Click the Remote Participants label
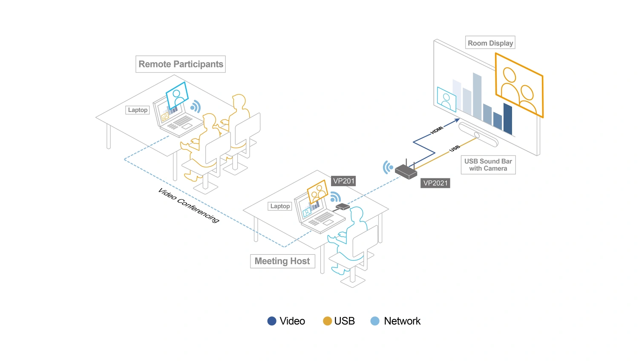click(181, 64)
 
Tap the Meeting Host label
click(282, 261)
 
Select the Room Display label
click(490, 43)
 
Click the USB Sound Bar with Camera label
click(488, 165)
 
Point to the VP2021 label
click(435, 183)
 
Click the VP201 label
click(343, 181)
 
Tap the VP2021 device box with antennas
click(406, 171)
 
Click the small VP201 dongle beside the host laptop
click(343, 207)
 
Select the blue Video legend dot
click(272, 321)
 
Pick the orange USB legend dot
click(327, 321)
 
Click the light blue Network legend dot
click(375, 321)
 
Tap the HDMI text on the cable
click(437, 130)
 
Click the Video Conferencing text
click(189, 205)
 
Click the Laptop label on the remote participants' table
click(138, 110)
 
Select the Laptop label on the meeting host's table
click(280, 206)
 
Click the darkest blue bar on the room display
click(508, 119)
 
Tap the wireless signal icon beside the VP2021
click(387, 167)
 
